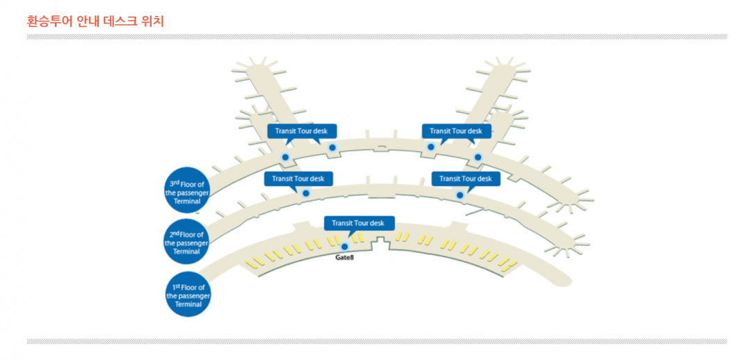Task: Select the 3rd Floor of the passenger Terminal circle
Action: (186, 190)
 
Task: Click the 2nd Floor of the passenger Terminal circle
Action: (186, 240)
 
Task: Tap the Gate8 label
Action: (345, 257)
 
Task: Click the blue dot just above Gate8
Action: (345, 246)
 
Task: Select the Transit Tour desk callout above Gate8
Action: (358, 223)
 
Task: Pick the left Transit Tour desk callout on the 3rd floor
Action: (302, 131)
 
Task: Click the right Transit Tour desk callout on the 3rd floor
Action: (456, 131)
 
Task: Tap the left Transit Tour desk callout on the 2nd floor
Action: (298, 179)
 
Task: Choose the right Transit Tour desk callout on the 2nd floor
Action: (465, 179)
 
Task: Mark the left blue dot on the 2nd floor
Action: (306, 193)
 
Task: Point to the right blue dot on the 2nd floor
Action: (460, 195)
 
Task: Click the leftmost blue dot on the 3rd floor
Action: (285, 157)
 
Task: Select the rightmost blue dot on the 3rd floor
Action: (478, 157)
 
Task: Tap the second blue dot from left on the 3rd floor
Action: (332, 147)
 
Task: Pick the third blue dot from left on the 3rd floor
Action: (431, 147)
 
